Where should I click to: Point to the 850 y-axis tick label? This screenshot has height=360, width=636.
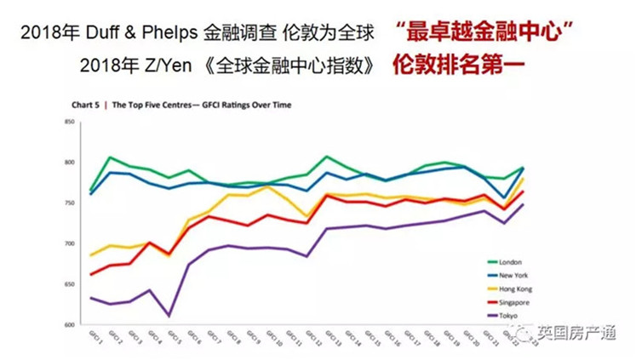pos(70,123)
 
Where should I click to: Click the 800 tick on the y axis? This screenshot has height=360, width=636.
pos(70,163)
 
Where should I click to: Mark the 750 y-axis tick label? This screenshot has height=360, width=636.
pos(70,203)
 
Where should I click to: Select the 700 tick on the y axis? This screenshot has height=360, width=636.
pos(70,244)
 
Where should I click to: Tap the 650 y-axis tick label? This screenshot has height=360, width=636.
pos(70,285)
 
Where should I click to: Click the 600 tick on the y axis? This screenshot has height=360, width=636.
pos(70,325)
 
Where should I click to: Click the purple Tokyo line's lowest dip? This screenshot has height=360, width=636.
pos(169,316)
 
